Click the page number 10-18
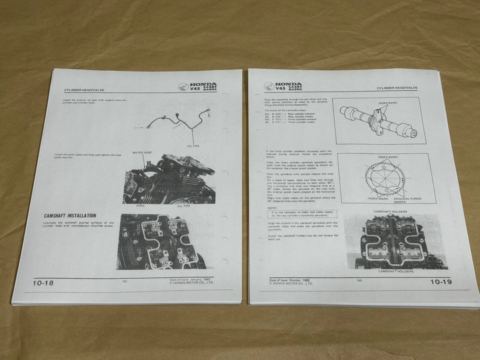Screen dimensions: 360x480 pyautogui.click(x=43, y=283)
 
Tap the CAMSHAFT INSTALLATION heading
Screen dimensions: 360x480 pyautogui.click(x=70, y=216)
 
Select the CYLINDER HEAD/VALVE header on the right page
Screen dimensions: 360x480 pyautogui.click(x=397, y=88)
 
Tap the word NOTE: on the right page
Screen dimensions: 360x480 pyautogui.click(x=272, y=207)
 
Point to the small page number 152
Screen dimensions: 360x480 pyautogui.click(x=125, y=281)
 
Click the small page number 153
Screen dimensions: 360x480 pyautogui.click(x=359, y=280)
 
